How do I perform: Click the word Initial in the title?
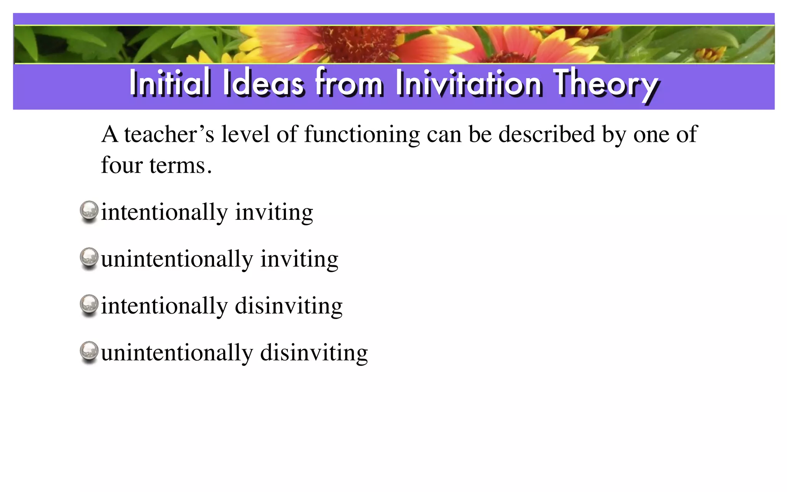click(x=170, y=82)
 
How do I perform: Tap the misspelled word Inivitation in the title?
click(x=469, y=82)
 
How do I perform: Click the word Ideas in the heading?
click(x=263, y=82)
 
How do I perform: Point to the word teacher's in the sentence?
click(x=169, y=135)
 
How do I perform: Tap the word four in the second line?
click(x=121, y=165)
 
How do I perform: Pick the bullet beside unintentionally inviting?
click(x=89, y=258)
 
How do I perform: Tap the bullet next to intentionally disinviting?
click(x=89, y=304)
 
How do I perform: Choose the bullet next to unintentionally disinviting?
click(x=89, y=351)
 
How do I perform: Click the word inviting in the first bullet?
click(x=274, y=213)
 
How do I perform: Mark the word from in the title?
click(x=349, y=82)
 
